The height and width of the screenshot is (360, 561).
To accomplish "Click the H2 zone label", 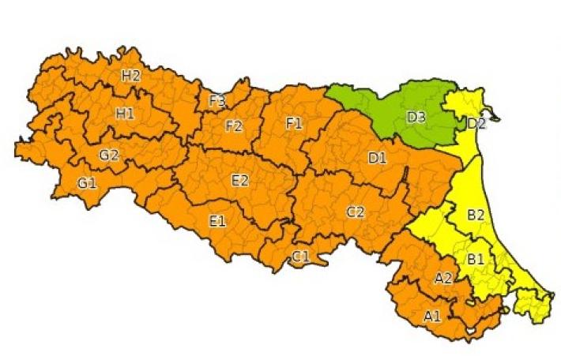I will [x=130, y=76].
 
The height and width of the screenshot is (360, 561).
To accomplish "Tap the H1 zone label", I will [x=124, y=114].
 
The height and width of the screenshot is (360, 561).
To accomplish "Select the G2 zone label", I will [x=108, y=155].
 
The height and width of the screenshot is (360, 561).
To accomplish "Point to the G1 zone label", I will [x=86, y=183].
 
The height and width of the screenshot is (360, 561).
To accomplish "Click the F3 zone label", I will [x=217, y=101].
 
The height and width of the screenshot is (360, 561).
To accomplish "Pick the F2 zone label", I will [x=234, y=126].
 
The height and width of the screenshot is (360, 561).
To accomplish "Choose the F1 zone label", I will [x=294, y=123].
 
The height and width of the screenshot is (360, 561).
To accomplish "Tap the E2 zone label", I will [x=240, y=181].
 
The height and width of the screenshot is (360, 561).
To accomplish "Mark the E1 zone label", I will [x=218, y=221].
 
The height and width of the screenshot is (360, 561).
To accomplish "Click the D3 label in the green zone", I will [x=416, y=118].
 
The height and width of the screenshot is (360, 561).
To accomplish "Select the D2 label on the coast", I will [x=476, y=123].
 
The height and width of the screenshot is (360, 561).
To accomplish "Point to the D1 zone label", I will [x=378, y=158].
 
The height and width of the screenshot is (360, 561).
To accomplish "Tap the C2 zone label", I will [x=356, y=212].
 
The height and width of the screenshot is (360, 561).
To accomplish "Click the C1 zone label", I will [x=301, y=256].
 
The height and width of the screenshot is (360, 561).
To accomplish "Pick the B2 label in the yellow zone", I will [x=476, y=214].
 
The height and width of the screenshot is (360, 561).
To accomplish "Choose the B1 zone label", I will [x=476, y=258].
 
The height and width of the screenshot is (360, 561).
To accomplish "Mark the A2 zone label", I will [x=443, y=278].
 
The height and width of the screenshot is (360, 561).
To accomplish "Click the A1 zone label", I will [x=432, y=317].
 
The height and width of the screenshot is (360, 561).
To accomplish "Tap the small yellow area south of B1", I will [x=530, y=305].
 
